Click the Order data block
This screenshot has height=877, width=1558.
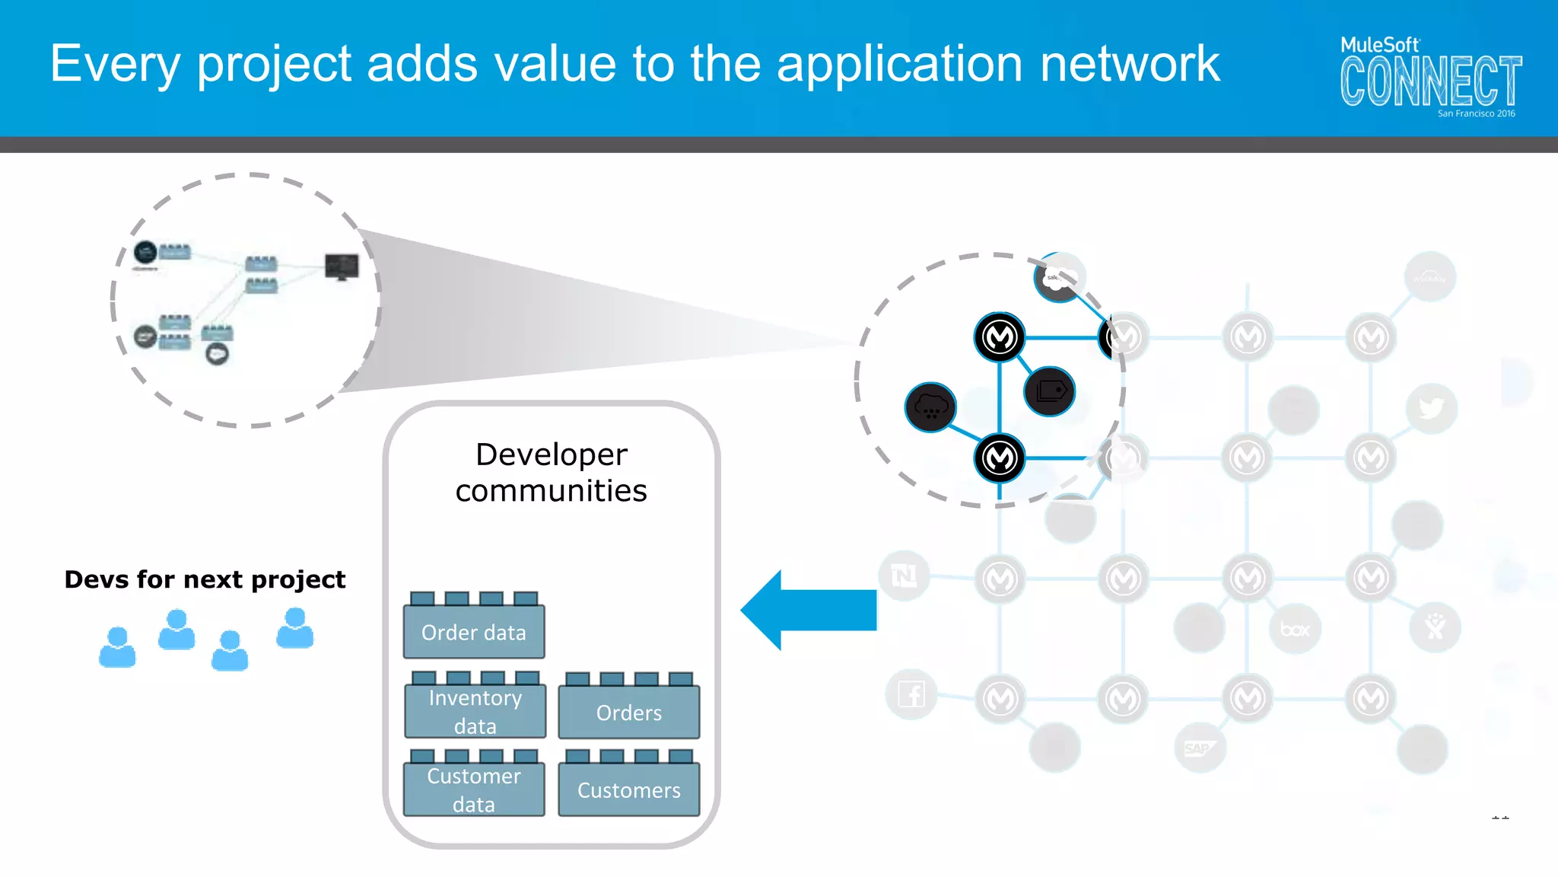473,631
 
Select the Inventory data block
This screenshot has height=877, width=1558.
475,711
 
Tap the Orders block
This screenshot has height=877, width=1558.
628,712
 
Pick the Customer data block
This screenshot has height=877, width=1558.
473,789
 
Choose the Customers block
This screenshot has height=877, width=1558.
628,789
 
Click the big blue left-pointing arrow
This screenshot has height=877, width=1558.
809,610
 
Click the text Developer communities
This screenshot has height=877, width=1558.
551,472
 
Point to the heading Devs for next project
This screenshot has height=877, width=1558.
205,579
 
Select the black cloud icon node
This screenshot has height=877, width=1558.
930,407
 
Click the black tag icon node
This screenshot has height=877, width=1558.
1050,391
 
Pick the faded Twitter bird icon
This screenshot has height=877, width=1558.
1431,408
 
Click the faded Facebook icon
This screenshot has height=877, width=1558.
911,694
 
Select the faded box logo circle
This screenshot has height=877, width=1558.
1295,630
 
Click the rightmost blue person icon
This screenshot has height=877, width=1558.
294,628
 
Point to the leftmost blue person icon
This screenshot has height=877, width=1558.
117,647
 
